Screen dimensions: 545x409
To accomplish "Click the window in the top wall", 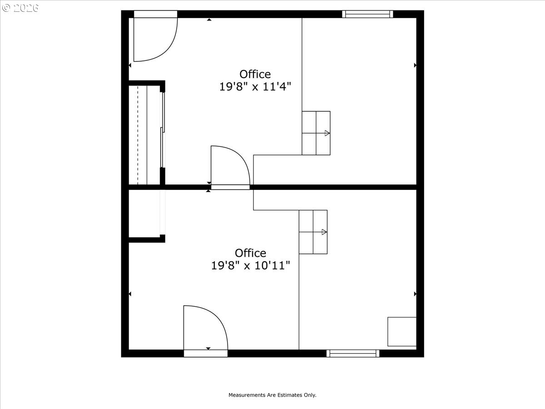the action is click(x=367, y=14).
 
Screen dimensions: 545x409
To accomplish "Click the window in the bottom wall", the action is click(x=353, y=353).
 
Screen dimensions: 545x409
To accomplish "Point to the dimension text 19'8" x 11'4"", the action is click(x=255, y=87).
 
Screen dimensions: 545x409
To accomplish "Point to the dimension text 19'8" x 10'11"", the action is click(x=251, y=265).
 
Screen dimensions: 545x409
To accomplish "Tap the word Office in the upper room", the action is click(x=255, y=74).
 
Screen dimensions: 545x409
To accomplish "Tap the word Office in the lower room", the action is click(x=251, y=253).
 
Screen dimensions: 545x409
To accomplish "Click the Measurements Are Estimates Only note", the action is click(x=272, y=395).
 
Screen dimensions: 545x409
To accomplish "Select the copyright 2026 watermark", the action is click(x=20, y=8).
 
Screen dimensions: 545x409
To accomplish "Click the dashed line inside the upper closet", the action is click(x=138, y=135).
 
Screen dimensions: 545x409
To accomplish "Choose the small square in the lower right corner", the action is click(x=402, y=332).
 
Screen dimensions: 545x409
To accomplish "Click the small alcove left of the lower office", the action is click(x=144, y=214).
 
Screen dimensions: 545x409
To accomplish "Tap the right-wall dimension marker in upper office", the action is click(x=415, y=65).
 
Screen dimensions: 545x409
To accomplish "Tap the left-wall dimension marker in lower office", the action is click(x=130, y=294).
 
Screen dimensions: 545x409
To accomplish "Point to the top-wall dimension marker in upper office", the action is click(x=209, y=20).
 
